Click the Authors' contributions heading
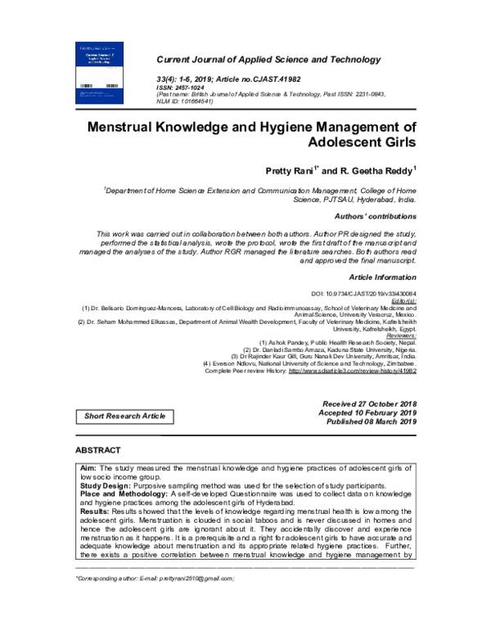click(x=376, y=216)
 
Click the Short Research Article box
click(x=124, y=417)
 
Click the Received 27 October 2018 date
click(x=370, y=404)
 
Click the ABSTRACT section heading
click(x=97, y=451)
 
